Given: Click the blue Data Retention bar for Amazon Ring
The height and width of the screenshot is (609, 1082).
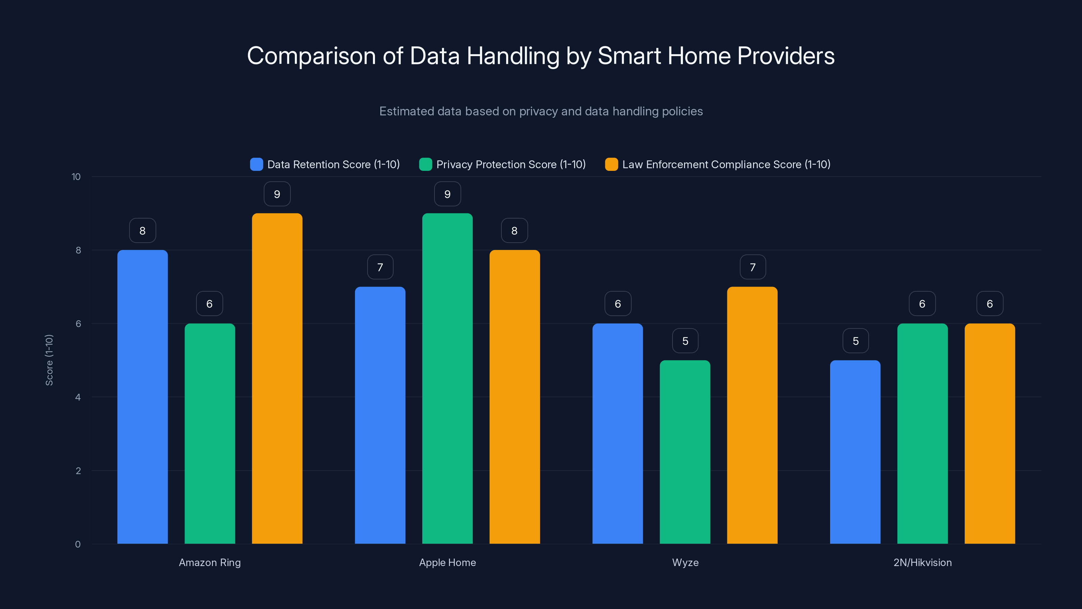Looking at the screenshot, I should tap(142, 397).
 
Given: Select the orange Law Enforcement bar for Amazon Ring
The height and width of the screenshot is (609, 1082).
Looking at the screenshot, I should tap(277, 378).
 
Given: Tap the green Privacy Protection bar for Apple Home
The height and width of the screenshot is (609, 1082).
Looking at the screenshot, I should tap(447, 378).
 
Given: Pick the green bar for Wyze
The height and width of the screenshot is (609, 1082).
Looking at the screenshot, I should tap(685, 452).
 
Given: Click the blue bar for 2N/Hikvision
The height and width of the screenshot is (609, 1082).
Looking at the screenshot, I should tap(855, 452).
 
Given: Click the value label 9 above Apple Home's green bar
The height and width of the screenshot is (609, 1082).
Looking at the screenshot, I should tap(447, 194).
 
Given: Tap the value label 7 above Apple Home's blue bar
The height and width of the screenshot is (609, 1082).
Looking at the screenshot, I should tap(380, 267).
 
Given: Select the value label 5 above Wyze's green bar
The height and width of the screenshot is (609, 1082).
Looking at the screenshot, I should tap(685, 341).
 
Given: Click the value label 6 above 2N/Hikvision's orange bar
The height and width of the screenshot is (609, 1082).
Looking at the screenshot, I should tap(990, 304).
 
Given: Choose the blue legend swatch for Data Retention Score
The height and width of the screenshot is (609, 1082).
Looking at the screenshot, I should tap(256, 164).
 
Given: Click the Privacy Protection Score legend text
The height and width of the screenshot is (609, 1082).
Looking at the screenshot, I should tap(511, 164).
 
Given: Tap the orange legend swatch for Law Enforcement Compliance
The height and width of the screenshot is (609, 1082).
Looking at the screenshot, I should tap(611, 164).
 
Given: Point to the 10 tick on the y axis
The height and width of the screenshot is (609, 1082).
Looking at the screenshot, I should tap(76, 177).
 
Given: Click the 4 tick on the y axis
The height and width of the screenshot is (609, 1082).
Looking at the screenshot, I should tap(78, 397).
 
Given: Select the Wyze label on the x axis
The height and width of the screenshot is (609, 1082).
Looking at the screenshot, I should tap(685, 562).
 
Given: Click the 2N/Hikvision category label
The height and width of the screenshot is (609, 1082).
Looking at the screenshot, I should tap(922, 562).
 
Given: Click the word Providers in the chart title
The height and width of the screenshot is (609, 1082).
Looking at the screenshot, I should tap(785, 56).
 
